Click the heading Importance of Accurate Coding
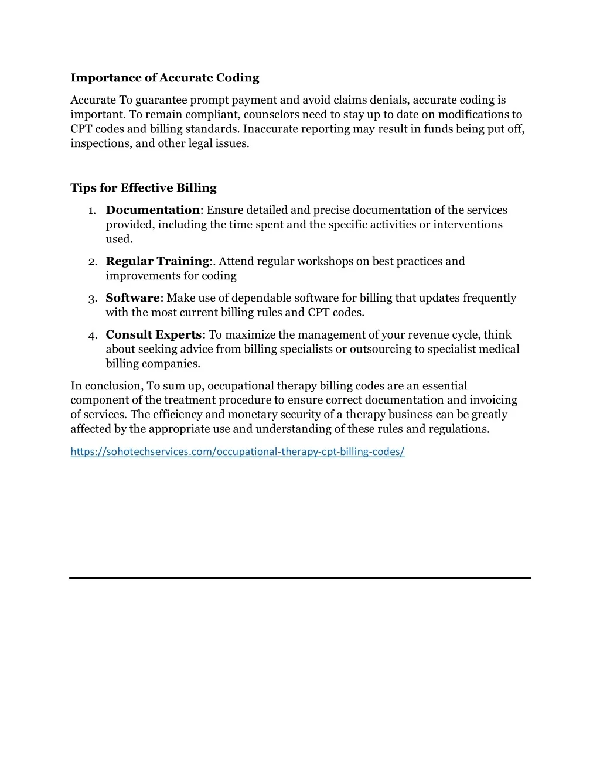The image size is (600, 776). pos(165,78)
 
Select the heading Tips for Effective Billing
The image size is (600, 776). pos(144,188)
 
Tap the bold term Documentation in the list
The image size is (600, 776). pos(152,210)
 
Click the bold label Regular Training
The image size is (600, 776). pos(158,261)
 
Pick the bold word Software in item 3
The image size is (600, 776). pos(132,298)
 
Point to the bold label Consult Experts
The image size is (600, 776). pos(154,335)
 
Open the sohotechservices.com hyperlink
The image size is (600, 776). pos(237,452)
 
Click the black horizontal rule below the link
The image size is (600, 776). pos(300,578)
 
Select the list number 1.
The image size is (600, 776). pos(93,211)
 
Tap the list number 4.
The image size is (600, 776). pos(93,336)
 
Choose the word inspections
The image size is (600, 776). pos(100,143)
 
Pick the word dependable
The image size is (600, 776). pos(262,298)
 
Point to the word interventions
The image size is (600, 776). pos(468,225)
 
